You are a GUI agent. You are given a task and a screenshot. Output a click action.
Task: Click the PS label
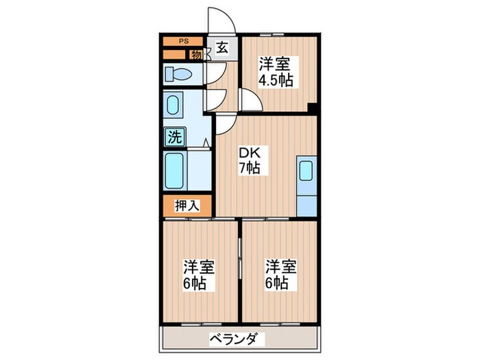click(183, 41)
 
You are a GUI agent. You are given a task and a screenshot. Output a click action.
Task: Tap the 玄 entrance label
click(223, 48)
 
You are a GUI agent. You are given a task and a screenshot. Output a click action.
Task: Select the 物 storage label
click(197, 55)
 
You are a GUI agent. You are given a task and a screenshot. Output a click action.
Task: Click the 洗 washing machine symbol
click(174, 137)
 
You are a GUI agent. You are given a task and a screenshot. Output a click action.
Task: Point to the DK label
click(248, 152)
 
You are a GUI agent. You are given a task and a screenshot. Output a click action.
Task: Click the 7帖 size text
click(248, 168)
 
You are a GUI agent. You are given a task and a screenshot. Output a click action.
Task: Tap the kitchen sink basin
click(306, 171)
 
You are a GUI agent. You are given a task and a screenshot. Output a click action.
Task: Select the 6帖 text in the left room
click(199, 283)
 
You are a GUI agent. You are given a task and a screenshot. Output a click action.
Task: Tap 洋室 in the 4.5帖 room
click(275, 64)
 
